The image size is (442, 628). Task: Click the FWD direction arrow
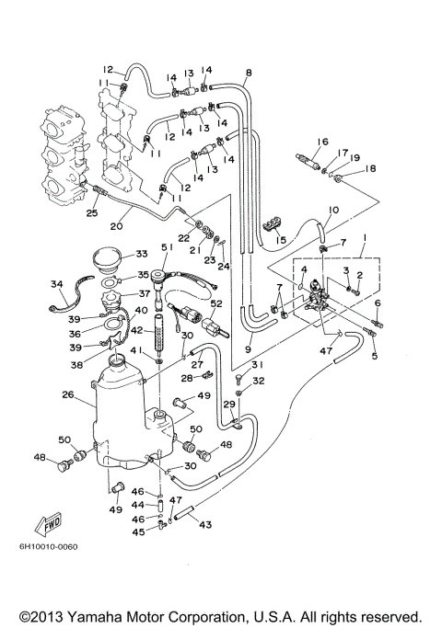point(45,525)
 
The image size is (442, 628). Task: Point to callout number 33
point(141,254)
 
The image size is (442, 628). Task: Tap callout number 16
point(322,142)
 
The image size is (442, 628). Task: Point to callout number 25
point(91,213)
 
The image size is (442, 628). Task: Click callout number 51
point(167,246)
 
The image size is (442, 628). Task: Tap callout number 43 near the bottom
point(205,525)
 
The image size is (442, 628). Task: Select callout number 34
point(57,283)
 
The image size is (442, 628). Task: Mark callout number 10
point(332,211)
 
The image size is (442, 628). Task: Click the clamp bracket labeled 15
point(273,223)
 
